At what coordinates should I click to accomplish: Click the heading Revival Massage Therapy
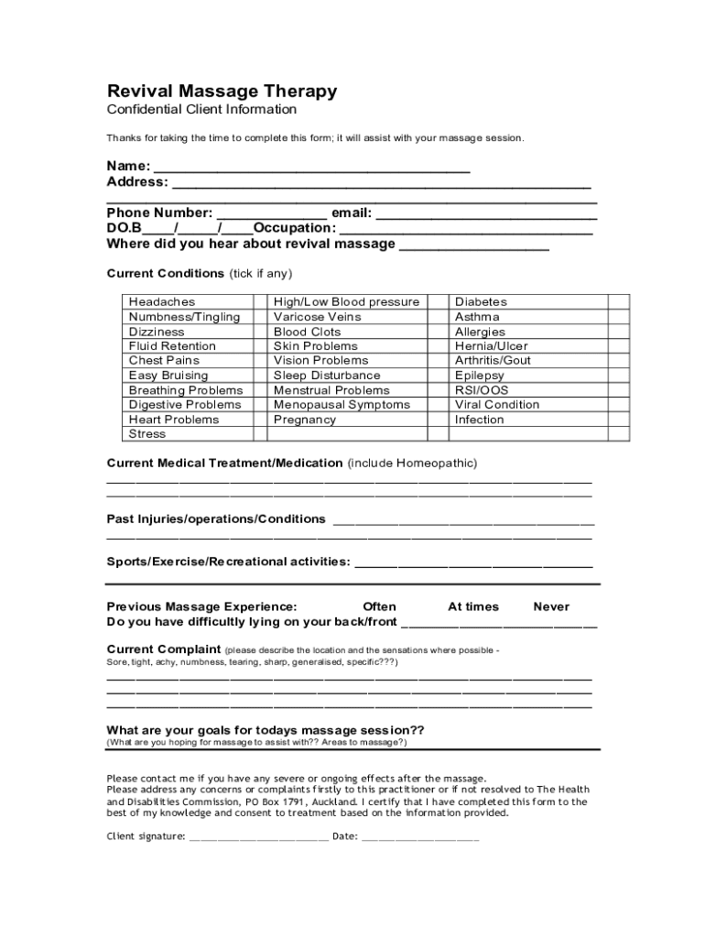[x=222, y=92]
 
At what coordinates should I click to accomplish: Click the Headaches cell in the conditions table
[x=162, y=302]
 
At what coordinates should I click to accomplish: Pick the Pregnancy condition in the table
[x=305, y=420]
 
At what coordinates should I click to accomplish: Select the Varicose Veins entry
[x=317, y=317]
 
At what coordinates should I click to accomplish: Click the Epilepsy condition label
[x=480, y=376]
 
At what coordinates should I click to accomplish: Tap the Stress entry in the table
[x=147, y=434]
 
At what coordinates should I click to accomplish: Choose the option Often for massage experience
[x=379, y=606]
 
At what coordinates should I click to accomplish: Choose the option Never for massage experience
[x=551, y=606]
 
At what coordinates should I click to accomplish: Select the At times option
[x=473, y=606]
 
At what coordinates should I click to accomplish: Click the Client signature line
[x=258, y=837]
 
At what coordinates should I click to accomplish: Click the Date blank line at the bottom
[x=419, y=837]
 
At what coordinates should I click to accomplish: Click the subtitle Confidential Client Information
[x=201, y=110]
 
